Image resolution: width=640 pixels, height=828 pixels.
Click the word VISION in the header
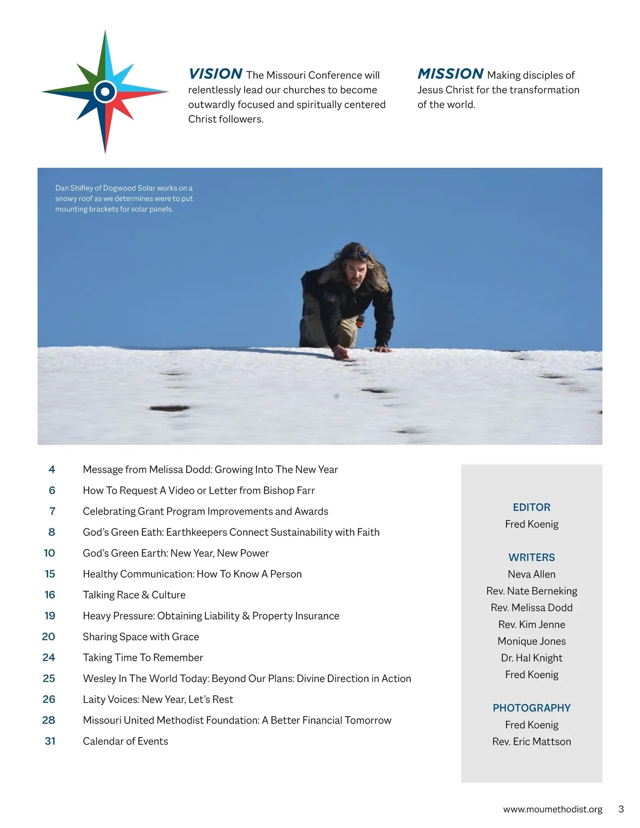coord(215,74)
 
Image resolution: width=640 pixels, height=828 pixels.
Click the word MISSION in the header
coord(450,74)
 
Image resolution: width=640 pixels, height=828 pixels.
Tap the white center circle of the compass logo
coord(105,92)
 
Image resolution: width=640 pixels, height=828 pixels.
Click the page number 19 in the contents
coord(50,616)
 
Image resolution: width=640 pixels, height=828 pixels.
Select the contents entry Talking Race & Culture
coord(134,595)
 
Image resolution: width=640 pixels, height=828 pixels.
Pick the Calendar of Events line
coord(125,741)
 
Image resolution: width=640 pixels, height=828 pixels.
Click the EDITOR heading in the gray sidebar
coord(531,507)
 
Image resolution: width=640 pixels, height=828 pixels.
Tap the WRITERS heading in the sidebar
coord(531,557)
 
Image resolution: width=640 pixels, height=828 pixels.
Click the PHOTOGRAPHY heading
coord(531,708)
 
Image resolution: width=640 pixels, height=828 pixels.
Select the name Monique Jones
coord(531,641)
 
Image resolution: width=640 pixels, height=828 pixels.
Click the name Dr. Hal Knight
coord(531,658)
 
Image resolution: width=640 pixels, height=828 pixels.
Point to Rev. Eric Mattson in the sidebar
coord(531,742)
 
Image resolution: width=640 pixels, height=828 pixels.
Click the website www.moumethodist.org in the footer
coord(553,809)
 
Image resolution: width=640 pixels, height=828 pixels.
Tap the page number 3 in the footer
coord(621,809)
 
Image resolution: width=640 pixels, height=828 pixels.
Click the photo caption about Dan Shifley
coord(124,198)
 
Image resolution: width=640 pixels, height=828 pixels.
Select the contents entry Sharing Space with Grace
coord(141,637)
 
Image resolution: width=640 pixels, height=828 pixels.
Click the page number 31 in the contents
coord(50,741)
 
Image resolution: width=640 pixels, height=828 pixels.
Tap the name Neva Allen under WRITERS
coord(531,574)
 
